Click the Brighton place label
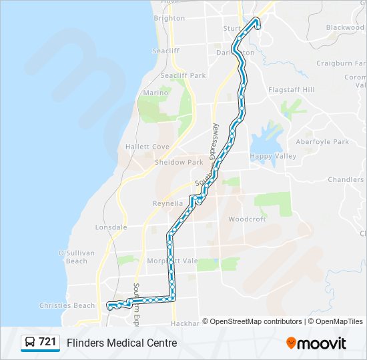tap(169, 18)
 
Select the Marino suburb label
tap(155, 93)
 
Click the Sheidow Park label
tap(179, 162)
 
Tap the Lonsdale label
tap(111, 227)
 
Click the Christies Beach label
tap(67, 305)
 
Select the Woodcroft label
tap(247, 219)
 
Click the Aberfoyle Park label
tap(322, 141)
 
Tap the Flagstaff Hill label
tap(291, 89)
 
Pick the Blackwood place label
tap(345, 27)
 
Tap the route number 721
tap(47, 342)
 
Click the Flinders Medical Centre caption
tap(121, 343)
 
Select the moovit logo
tap(316, 343)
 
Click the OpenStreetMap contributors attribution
tap(256, 321)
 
